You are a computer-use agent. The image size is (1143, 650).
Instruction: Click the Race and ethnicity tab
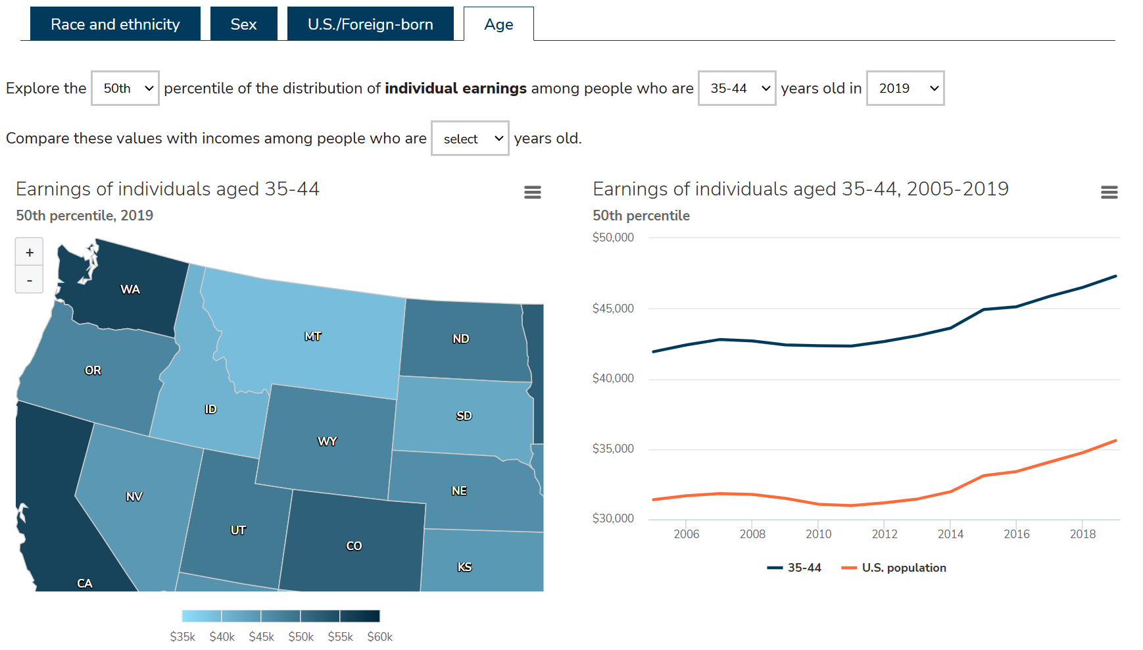(x=115, y=24)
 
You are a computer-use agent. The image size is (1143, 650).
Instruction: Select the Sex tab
(x=243, y=24)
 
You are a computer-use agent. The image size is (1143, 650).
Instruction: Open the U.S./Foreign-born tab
(x=370, y=24)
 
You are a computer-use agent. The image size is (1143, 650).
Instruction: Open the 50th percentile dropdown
(x=125, y=88)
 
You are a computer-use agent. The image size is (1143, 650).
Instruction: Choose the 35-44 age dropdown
(x=737, y=88)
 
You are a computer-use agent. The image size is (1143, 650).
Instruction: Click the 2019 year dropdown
(x=905, y=88)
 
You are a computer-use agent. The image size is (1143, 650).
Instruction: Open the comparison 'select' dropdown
(x=470, y=138)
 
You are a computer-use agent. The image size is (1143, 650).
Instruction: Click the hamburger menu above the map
(x=532, y=192)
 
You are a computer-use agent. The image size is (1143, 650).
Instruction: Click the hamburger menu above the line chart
(x=1109, y=192)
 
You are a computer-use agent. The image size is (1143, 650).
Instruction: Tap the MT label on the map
(x=313, y=336)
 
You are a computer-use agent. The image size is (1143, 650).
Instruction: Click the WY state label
(x=327, y=441)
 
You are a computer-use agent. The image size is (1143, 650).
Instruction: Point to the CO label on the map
(x=354, y=546)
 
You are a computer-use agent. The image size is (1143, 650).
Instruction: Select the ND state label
(x=460, y=339)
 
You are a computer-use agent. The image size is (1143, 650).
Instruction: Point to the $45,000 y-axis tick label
(x=613, y=309)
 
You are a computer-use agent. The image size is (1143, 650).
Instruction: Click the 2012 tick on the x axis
(x=885, y=534)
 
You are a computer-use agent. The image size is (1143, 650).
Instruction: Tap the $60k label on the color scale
(x=379, y=637)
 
